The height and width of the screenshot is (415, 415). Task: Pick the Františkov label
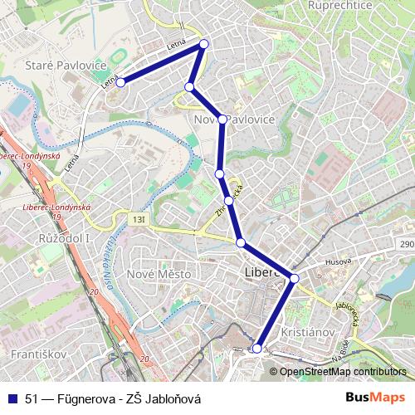click(33, 354)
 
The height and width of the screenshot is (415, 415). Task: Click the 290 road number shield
click(406, 245)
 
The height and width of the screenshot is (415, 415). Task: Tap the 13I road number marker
click(137, 218)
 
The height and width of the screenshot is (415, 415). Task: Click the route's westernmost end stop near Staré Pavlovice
click(120, 82)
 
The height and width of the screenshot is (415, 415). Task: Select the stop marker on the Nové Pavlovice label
click(222, 120)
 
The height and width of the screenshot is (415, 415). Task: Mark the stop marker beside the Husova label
click(295, 278)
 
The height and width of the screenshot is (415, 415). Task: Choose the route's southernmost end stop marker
click(257, 349)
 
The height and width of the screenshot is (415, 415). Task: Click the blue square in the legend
click(14, 398)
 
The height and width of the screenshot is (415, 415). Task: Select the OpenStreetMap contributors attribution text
click(343, 372)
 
